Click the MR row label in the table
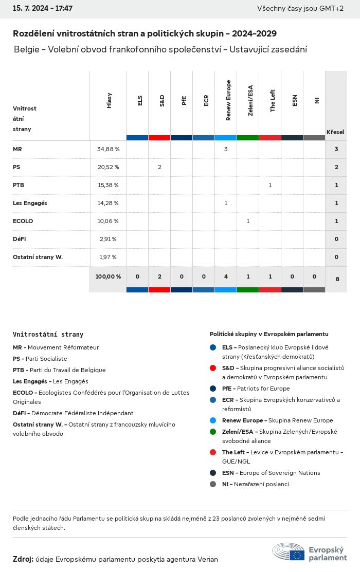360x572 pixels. click(x=17, y=149)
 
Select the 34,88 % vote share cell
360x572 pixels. click(x=108, y=149)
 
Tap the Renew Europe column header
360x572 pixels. click(x=228, y=100)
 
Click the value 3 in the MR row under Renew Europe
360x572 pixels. click(x=226, y=149)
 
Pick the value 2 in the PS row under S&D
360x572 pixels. click(x=159, y=167)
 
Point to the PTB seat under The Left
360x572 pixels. click(x=270, y=185)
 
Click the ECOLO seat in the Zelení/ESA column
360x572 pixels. click(x=248, y=221)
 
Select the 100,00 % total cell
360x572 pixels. click(x=108, y=276)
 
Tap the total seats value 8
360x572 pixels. click(x=337, y=279)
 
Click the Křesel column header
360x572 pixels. click(x=335, y=132)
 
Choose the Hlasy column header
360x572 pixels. click(x=109, y=100)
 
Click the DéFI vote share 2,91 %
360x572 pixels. click(x=107, y=239)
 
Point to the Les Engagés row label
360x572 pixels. click(x=30, y=203)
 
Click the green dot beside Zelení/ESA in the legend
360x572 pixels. click(x=213, y=432)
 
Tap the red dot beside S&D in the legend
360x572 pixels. click(x=213, y=368)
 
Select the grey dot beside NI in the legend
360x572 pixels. click(x=213, y=484)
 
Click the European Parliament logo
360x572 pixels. click(x=310, y=552)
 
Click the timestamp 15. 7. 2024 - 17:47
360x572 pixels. click(x=43, y=8)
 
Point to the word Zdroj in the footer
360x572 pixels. click(x=23, y=559)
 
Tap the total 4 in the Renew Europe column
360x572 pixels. click(x=226, y=276)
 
